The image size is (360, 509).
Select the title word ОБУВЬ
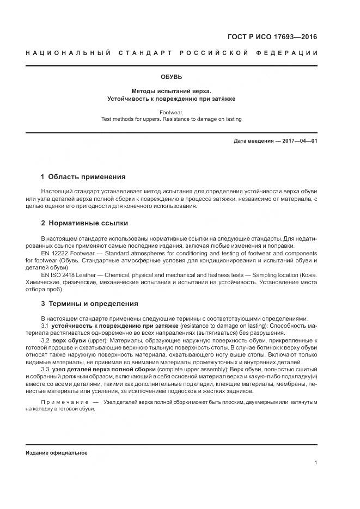click(x=171, y=77)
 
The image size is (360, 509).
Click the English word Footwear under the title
click(x=171, y=112)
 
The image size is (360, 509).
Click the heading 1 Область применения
click(x=83, y=177)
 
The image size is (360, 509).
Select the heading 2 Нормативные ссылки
click(x=84, y=224)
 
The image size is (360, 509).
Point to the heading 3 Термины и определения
click(x=89, y=304)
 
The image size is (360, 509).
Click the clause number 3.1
click(x=45, y=326)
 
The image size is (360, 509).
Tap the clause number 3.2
click(x=45, y=340)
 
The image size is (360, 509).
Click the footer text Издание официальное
click(x=56, y=453)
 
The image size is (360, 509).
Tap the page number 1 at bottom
click(x=315, y=463)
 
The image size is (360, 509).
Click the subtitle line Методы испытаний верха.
click(x=171, y=91)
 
